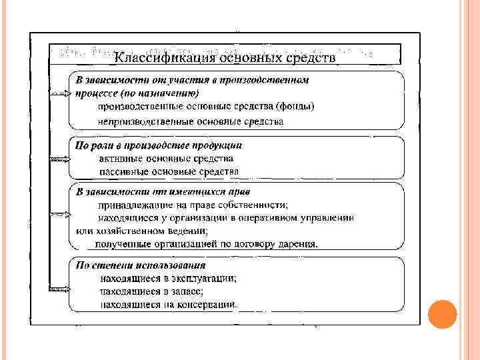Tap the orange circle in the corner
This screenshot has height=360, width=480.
click(x=441, y=314)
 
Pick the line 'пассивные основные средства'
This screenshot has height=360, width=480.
click(x=169, y=171)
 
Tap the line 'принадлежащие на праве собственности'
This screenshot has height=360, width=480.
click(x=193, y=205)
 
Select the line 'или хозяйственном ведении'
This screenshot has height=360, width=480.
click(x=142, y=231)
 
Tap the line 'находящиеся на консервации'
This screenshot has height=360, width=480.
click(x=168, y=305)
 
